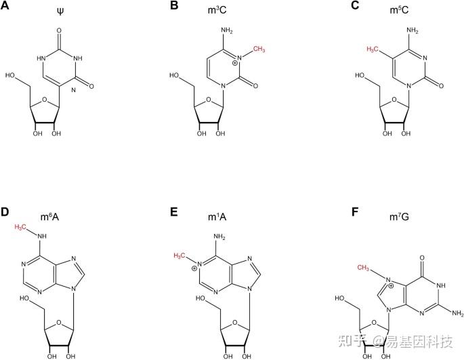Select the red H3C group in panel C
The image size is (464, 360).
pos(375,49)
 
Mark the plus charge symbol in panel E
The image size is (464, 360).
pos(195,268)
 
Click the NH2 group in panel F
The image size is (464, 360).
pos(456,313)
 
